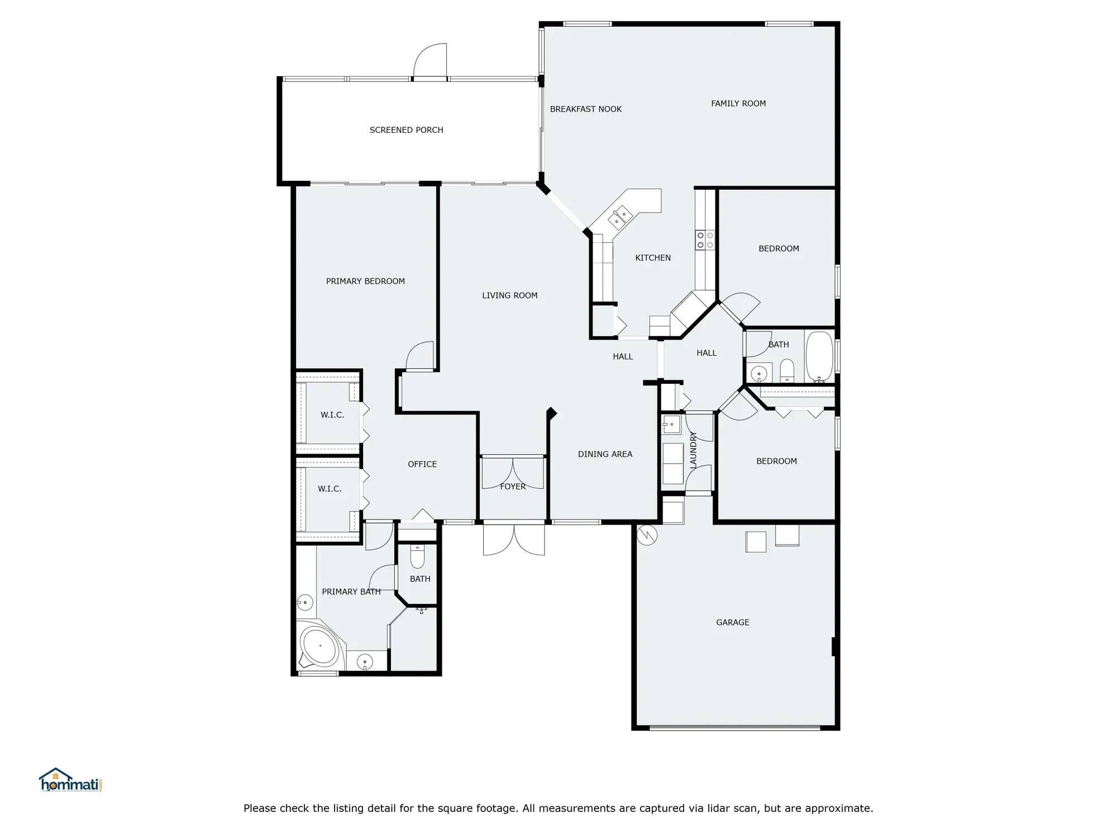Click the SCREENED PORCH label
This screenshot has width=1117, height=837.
tap(406, 130)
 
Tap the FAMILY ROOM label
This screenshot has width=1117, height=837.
tap(738, 103)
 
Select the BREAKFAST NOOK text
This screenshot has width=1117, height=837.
tap(586, 109)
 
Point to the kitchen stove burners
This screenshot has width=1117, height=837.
tap(705, 240)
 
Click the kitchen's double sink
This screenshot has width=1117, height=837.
tap(619, 217)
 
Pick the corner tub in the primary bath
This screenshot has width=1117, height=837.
tap(319, 646)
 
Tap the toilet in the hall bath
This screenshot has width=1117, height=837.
tap(787, 369)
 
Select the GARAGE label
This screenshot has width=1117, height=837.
tap(733, 622)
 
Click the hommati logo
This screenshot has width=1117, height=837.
tap(70, 781)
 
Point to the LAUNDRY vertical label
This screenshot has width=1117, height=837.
tap(693, 450)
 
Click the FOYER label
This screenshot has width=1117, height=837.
tap(513, 487)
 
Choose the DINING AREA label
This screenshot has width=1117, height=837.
tap(605, 454)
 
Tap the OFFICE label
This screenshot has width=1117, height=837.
tap(422, 464)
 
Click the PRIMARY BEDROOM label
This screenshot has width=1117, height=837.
tap(365, 281)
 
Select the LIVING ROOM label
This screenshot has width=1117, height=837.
tap(509, 296)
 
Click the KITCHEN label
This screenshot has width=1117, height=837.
tap(653, 258)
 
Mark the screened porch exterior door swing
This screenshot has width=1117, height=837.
tap(431, 60)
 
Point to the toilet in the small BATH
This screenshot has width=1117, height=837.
tap(417, 556)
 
